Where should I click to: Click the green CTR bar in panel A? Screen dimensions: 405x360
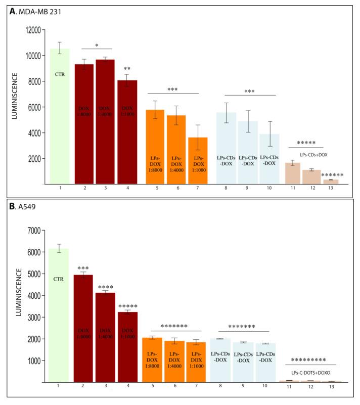click(60, 116)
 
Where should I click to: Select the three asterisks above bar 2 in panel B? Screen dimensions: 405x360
click(83, 268)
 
